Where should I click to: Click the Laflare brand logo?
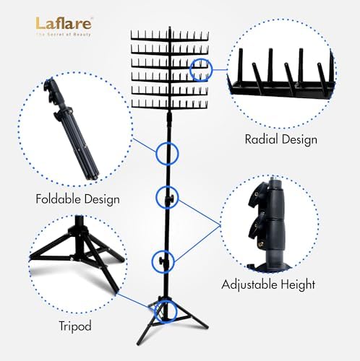(x=64, y=23)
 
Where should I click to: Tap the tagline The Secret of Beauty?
(x=64, y=35)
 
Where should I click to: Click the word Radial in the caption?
(x=262, y=139)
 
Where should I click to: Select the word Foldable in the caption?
(x=58, y=199)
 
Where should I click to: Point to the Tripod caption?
(x=75, y=327)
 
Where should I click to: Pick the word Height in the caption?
(x=298, y=284)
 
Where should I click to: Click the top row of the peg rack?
(x=170, y=38)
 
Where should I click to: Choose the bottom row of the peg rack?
(x=170, y=106)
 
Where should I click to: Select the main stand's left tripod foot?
(x=139, y=342)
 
